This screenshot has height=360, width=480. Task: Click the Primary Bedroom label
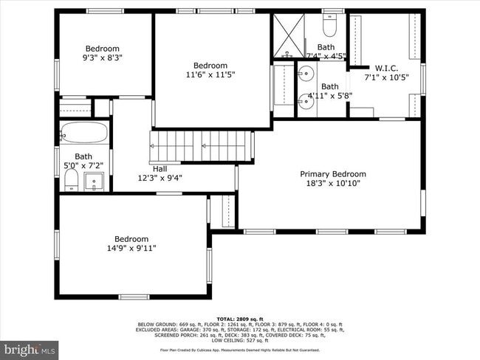(x=332, y=174)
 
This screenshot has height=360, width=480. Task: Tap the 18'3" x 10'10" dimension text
(x=332, y=184)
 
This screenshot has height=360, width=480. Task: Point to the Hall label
(x=160, y=168)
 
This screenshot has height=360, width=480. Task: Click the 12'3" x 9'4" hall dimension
(x=160, y=178)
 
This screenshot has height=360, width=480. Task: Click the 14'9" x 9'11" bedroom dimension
(x=131, y=249)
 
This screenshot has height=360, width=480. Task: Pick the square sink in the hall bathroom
(x=95, y=181)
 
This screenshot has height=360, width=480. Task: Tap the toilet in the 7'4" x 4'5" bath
(x=329, y=28)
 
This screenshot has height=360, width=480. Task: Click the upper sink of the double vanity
(x=305, y=73)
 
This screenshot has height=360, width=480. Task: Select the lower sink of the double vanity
(x=305, y=102)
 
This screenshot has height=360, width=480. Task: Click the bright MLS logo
(x=30, y=347)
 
